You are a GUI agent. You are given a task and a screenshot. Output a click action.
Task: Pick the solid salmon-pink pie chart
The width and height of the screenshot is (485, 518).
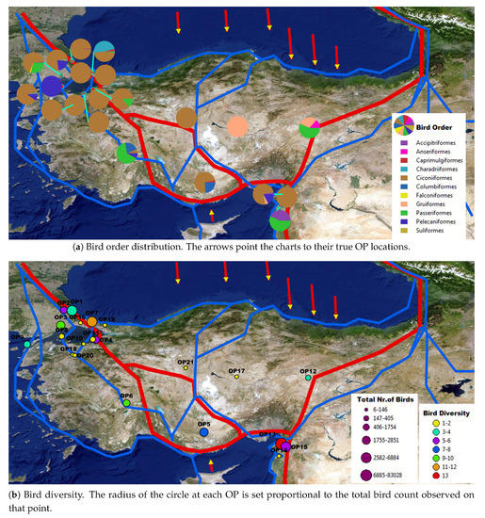point(239,126)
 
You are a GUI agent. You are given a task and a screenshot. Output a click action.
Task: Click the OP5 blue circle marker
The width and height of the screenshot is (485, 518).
point(203,432)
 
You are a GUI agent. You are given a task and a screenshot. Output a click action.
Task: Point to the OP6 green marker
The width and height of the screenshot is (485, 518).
point(125,403)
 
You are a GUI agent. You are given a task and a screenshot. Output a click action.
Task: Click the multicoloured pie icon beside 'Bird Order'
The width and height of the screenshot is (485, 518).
point(407,126)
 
